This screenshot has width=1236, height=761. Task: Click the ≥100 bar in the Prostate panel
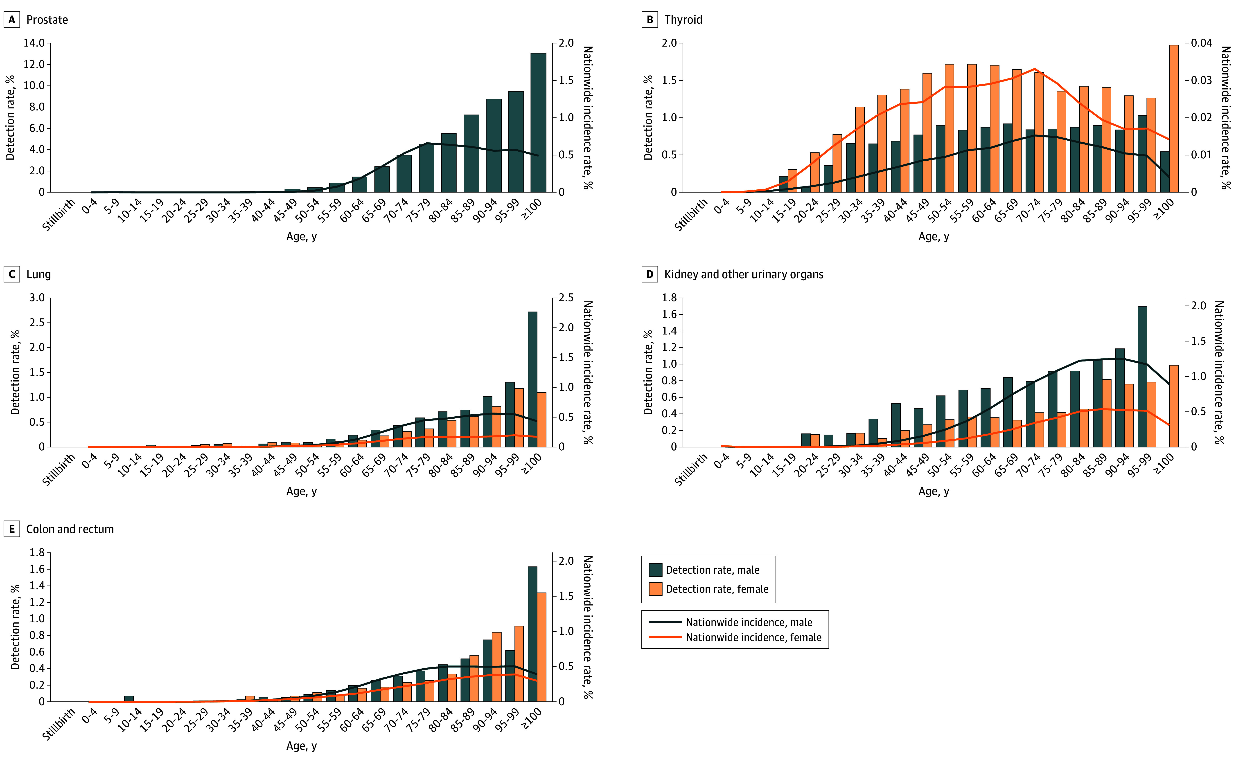click(538, 122)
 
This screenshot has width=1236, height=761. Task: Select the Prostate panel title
click(47, 20)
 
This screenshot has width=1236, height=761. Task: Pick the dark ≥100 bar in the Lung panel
click(532, 379)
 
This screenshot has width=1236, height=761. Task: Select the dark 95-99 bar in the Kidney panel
click(1142, 377)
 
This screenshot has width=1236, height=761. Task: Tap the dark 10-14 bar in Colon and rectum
click(129, 699)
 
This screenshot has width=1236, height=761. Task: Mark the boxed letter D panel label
click(650, 274)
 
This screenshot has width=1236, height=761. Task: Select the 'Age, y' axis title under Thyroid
click(934, 237)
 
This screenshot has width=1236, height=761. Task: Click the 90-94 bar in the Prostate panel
click(493, 146)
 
